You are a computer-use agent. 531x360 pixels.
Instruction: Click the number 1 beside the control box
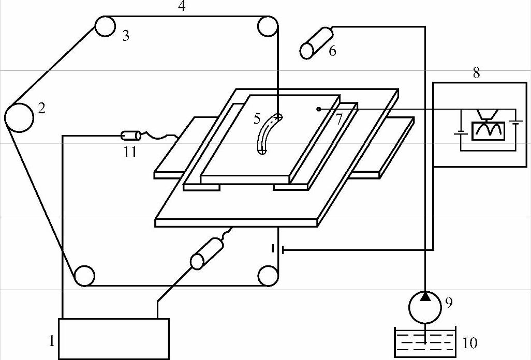pyautogui.click(x=51, y=341)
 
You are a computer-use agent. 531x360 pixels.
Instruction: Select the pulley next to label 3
pyautogui.click(x=105, y=26)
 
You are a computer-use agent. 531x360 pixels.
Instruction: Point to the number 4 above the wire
pyautogui.click(x=181, y=7)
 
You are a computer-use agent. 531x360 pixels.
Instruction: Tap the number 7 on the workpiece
pyautogui.click(x=338, y=119)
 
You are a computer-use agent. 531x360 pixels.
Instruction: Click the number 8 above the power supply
pyautogui.click(x=476, y=73)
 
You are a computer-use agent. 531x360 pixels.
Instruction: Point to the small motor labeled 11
pyautogui.click(x=130, y=136)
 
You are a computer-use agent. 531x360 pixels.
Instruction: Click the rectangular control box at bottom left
pyautogui.click(x=114, y=338)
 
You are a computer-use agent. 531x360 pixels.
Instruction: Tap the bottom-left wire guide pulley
pyautogui.click(x=84, y=276)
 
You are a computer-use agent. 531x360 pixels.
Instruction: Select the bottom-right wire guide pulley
pyautogui.click(x=268, y=276)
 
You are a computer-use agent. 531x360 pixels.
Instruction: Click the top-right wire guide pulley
pyautogui.click(x=267, y=26)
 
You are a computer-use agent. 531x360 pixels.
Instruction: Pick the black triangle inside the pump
pyautogui.click(x=425, y=296)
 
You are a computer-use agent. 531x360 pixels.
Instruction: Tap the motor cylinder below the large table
pyautogui.click(x=206, y=254)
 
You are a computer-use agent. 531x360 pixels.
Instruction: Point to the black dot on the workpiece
pyautogui.click(x=319, y=109)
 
